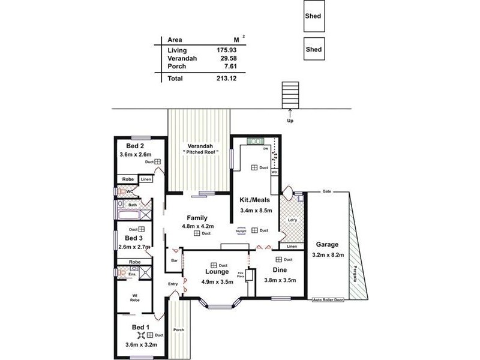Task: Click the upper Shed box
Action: (x=313, y=17)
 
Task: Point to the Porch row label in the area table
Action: (x=176, y=67)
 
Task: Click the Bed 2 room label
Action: (x=135, y=146)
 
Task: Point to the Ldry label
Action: (x=292, y=220)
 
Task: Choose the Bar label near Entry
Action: (x=174, y=260)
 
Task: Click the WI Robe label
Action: (x=136, y=298)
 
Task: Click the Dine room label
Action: (x=280, y=270)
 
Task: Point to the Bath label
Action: (x=132, y=205)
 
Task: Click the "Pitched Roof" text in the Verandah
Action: (x=199, y=153)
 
